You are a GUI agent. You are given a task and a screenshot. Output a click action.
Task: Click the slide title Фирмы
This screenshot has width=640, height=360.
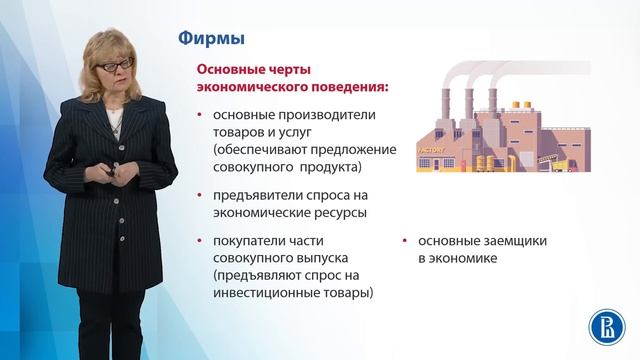(211, 39)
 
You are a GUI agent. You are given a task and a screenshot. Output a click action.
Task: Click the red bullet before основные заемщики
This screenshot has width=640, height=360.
(404, 242)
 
